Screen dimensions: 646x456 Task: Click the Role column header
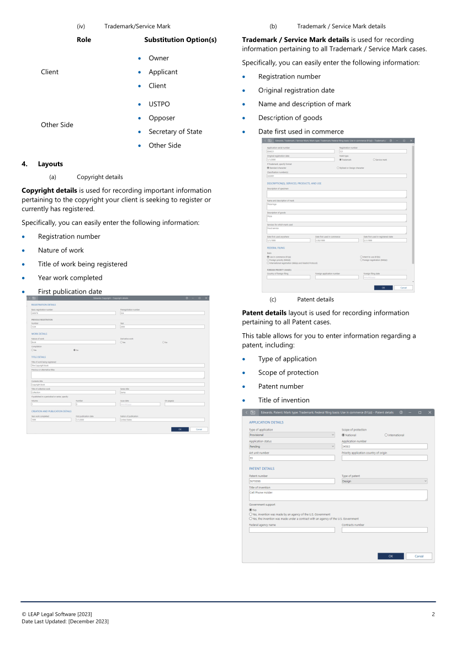coord(84,40)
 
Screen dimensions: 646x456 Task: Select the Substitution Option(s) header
coord(180,40)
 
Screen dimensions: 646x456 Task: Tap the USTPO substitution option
coord(159,104)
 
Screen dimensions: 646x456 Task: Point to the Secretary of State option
coord(175,132)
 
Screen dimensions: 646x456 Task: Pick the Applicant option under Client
coord(163,72)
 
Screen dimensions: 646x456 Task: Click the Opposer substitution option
coord(162,118)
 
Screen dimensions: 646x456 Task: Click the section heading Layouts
coord(50,164)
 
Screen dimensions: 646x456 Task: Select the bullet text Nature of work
coord(61,250)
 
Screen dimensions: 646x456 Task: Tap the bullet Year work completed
coord(70,278)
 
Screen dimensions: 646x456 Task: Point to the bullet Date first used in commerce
coord(301,132)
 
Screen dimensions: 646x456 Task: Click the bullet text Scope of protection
coord(288,372)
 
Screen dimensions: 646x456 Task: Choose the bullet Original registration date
coord(296,90)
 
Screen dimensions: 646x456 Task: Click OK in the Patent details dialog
coord(391,556)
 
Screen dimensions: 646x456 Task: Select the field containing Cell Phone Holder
coord(338,495)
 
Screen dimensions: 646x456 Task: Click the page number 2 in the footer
coord(433,615)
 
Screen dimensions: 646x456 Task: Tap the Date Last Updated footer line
coord(65,622)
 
